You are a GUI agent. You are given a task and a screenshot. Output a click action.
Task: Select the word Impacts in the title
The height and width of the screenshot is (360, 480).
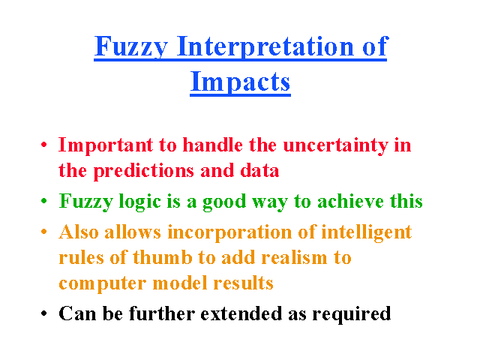(240, 82)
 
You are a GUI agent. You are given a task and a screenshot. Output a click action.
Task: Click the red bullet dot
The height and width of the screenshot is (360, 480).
(44, 145)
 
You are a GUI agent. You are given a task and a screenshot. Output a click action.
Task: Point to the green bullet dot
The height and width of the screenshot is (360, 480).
(44, 201)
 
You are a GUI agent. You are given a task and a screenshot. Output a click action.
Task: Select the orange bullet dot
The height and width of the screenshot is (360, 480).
(44, 232)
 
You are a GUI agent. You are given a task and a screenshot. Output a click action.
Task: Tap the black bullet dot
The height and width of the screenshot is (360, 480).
(44, 313)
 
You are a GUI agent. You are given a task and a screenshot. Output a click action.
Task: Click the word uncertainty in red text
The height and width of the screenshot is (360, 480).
(336, 145)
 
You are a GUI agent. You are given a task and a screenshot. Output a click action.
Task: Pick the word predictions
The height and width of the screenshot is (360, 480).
(143, 172)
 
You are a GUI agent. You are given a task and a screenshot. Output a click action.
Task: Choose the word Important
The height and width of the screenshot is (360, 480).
(106, 145)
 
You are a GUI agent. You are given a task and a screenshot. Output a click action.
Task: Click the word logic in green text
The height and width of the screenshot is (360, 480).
(140, 202)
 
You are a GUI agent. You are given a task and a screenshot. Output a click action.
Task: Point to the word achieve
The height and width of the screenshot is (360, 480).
(350, 202)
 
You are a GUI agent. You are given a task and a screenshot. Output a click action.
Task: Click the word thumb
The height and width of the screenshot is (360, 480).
(163, 257)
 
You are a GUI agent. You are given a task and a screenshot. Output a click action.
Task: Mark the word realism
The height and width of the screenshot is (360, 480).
(294, 257)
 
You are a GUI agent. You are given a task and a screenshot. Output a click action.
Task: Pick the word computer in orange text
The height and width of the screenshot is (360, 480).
(103, 284)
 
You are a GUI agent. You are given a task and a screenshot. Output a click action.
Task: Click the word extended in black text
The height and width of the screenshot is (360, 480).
(241, 313)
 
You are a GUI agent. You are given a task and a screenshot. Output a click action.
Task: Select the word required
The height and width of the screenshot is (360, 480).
(352, 314)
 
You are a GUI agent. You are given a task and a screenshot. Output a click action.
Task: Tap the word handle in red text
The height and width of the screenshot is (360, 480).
(213, 145)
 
